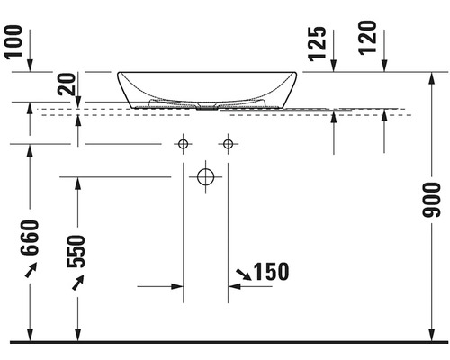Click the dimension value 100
14,42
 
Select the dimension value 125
318,44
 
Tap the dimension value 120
368,38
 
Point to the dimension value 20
67,85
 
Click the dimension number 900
431,200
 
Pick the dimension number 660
30,238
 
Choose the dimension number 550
76,251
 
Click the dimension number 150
272,272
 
